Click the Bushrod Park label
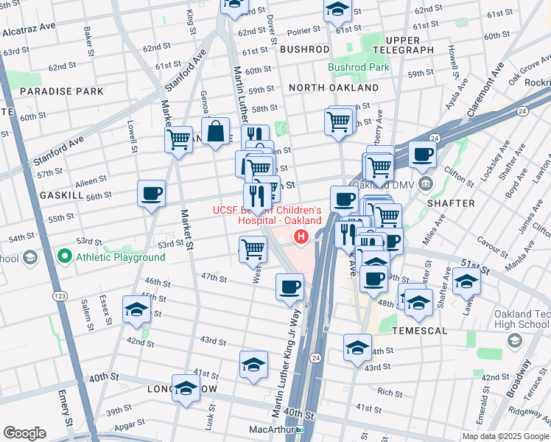pyautogui.click(x=358, y=67)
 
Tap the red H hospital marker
pyautogui.click(x=301, y=236)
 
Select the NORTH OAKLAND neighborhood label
pyautogui.click(x=333, y=88)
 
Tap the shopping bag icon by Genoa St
pyautogui.click(x=216, y=133)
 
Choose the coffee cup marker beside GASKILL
pyautogui.click(x=151, y=194)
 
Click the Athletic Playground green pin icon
pyautogui.click(x=64, y=257)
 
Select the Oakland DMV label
pyautogui.click(x=378, y=184)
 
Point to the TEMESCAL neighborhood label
pyautogui.click(x=419, y=331)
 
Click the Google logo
pyautogui.click(x=24, y=433)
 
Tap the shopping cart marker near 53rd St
pyautogui.click(x=253, y=248)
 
